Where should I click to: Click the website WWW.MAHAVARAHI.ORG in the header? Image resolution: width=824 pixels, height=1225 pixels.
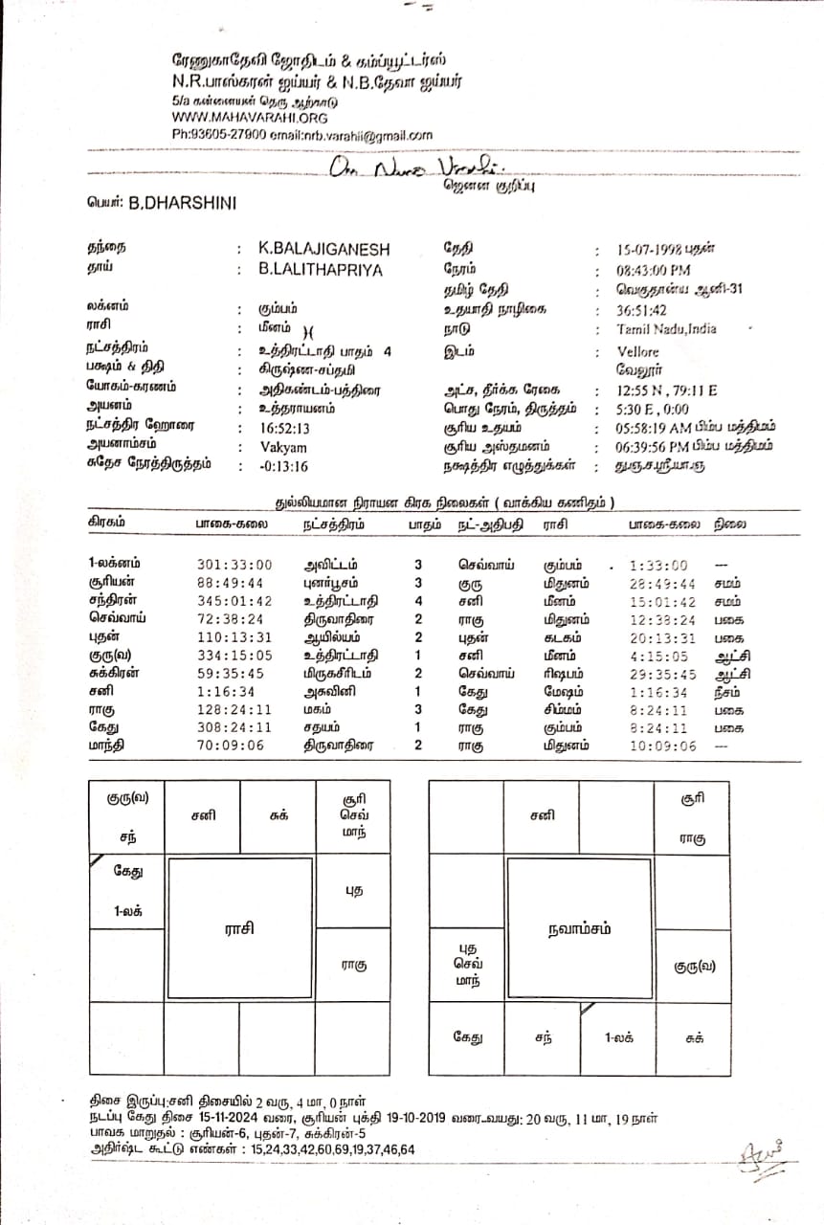(x=250, y=118)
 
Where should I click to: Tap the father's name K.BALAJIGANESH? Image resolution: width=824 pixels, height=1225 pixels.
(x=324, y=249)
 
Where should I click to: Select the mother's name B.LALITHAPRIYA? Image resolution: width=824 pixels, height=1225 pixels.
(x=320, y=270)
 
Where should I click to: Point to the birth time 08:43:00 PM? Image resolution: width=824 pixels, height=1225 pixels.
(x=654, y=270)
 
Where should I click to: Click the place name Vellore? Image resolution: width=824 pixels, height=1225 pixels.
(x=638, y=351)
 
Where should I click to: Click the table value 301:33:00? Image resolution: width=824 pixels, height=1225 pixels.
(x=234, y=565)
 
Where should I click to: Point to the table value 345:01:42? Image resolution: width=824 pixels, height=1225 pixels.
(x=234, y=601)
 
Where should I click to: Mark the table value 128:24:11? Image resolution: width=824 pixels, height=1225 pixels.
(x=234, y=709)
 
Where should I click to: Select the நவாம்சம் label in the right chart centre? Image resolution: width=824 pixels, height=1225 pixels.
(x=579, y=928)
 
